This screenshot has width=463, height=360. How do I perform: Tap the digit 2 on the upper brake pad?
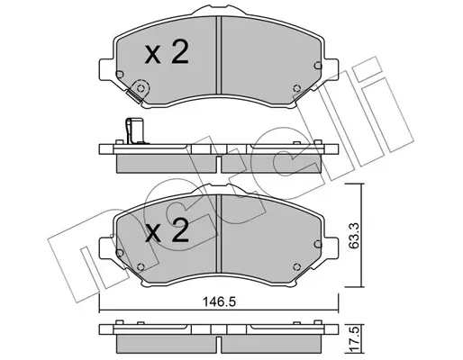(180, 54)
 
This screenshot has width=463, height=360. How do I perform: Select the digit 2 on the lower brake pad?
(180, 233)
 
